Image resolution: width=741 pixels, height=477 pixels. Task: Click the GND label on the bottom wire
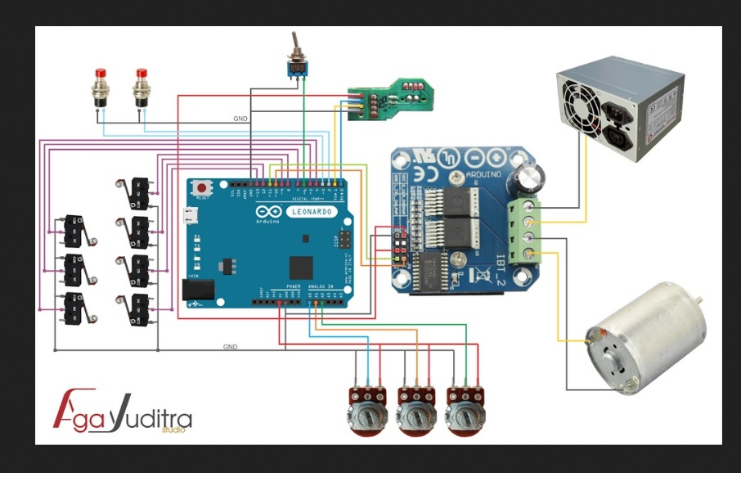pyautogui.click(x=230, y=347)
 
